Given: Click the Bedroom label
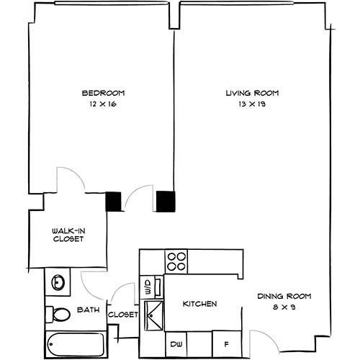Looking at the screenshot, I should pos(103,93).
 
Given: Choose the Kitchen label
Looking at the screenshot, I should pos(199,305).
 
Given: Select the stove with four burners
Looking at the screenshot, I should pos(176,260).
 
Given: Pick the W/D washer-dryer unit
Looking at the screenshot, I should pos(148,286).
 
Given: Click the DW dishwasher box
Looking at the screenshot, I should pos(176,343).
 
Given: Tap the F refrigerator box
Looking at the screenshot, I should pos(225,343).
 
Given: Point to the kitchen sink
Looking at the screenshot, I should pos(154,315).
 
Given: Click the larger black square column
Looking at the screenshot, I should pos(166,201).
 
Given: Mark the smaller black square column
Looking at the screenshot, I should pos(114,201).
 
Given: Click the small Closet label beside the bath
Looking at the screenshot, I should pos(122,315).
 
